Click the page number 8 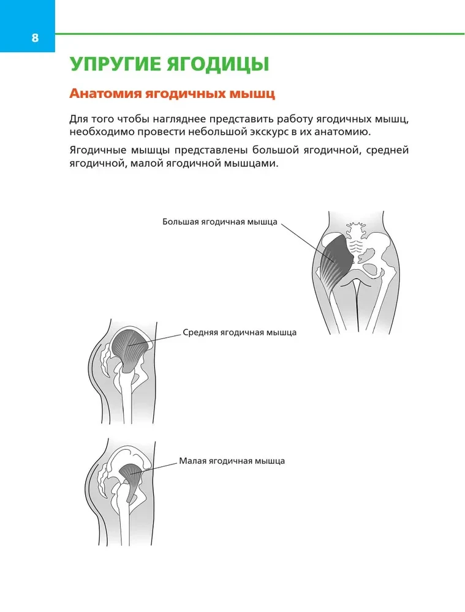coord(35,38)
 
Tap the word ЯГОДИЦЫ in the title coord(218,65)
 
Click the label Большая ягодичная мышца coord(219,222)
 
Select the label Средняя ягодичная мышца coord(240,332)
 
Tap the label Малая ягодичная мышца coord(232,461)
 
